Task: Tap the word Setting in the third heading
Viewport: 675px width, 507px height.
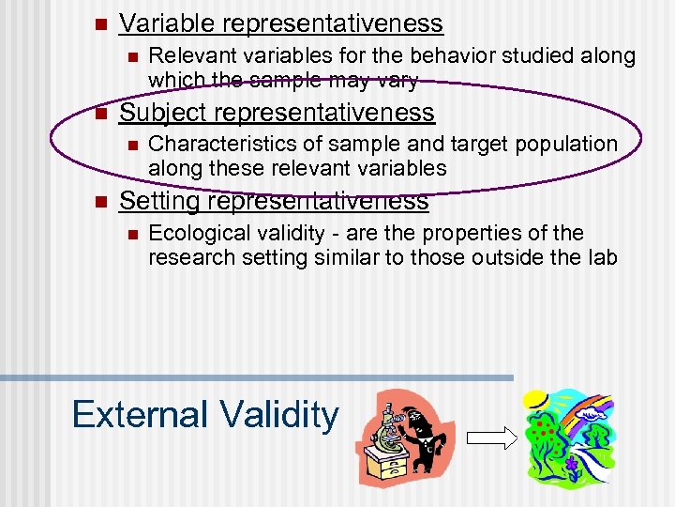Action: tap(158, 201)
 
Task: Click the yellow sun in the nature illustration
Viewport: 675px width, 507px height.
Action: tap(535, 400)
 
